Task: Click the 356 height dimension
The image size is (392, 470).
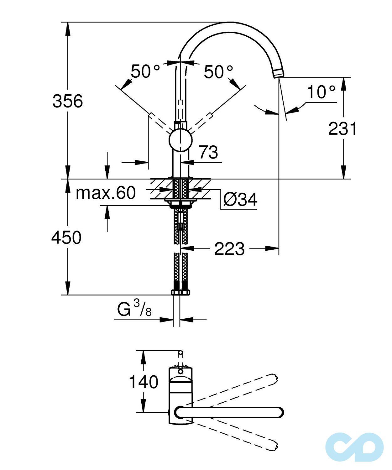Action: tap(68, 101)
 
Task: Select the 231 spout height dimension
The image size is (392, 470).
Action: tap(342, 129)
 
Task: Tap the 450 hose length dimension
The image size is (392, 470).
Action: tap(66, 237)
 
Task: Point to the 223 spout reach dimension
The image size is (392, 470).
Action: tap(229, 249)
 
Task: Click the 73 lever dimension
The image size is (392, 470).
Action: tap(208, 152)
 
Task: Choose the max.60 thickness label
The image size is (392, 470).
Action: tap(106, 193)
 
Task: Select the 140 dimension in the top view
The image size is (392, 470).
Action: tap(144, 382)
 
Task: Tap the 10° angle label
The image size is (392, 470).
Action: tap(321, 92)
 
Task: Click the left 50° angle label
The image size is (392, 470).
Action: tap(145, 71)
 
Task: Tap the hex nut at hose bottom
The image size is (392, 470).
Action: tap(181, 292)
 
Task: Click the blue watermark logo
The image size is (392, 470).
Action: tap(354, 447)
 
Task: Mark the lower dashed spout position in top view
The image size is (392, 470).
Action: tap(235, 436)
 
